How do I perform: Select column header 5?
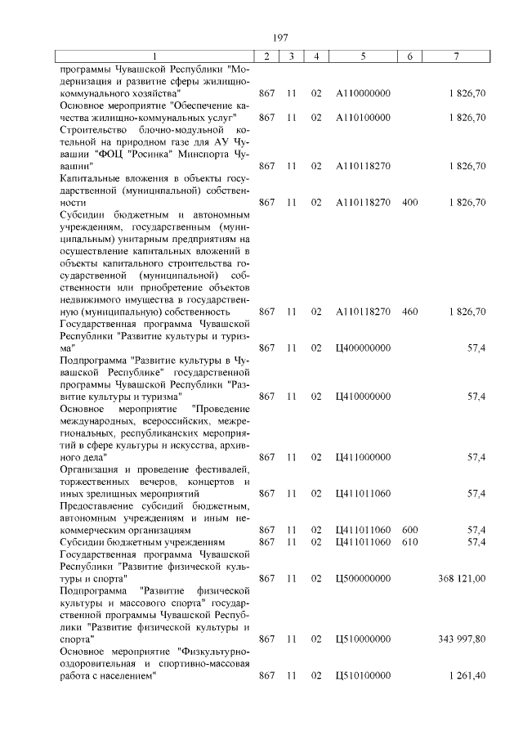[x=363, y=56]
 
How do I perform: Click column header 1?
[x=154, y=56]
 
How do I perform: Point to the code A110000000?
[x=363, y=94]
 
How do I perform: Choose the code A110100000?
[x=363, y=118]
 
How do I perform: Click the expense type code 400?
[x=410, y=202]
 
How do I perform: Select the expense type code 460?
[x=410, y=312]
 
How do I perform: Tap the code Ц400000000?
[x=363, y=348]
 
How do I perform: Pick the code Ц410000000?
[x=363, y=397]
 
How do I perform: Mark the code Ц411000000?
[x=363, y=457]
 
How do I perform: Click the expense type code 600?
[x=410, y=530]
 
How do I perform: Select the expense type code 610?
[x=410, y=541]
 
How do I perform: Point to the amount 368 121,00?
[x=462, y=578]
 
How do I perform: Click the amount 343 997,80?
[x=462, y=639]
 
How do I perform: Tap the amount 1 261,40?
[x=467, y=675]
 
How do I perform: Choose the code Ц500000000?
[x=363, y=578]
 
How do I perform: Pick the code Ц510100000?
[x=363, y=675]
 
